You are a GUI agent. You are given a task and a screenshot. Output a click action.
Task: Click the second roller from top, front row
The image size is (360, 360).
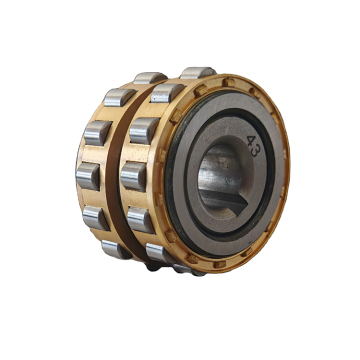pyautogui.click(x=167, y=94)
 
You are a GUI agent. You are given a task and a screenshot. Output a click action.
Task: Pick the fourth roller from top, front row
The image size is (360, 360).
pyautogui.click(x=133, y=176)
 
